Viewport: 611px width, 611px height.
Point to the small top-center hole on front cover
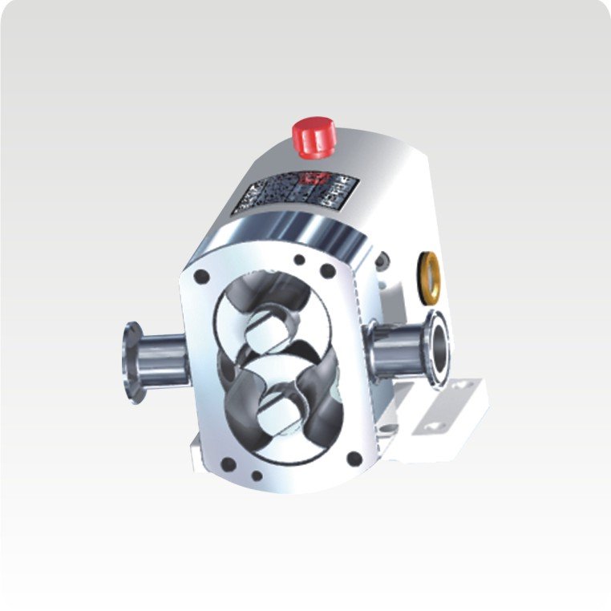(299, 260)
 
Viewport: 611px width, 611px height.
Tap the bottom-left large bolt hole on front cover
(229, 463)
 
